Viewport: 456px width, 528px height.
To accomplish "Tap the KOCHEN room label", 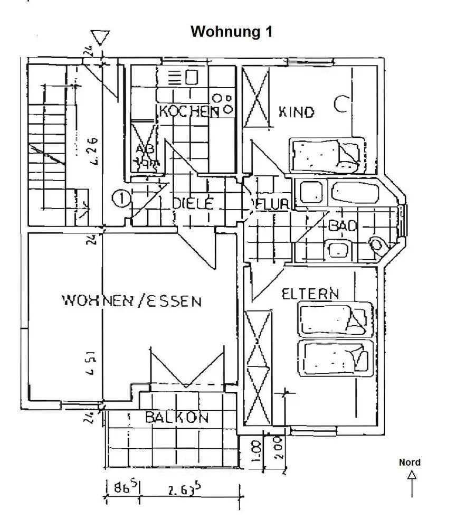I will pos(189,111).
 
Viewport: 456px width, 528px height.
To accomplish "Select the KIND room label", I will pos(296,111).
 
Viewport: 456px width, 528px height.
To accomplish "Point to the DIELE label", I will pos(193,203).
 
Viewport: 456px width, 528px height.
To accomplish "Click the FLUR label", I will pos(272,204).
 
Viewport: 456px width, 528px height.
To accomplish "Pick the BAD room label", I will pos(343,225).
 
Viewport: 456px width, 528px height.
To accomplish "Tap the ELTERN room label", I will pos(310,294).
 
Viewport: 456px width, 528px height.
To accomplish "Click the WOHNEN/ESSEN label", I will pos(131,301).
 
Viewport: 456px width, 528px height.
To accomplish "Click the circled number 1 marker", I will pos(121,199).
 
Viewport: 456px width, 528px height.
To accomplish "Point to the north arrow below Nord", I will pos(412,483).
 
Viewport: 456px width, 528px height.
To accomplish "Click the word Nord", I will pos(410,463).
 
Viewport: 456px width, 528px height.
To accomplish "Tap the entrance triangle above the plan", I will pos(99,38).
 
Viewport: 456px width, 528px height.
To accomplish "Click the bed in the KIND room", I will pos(327,154).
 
